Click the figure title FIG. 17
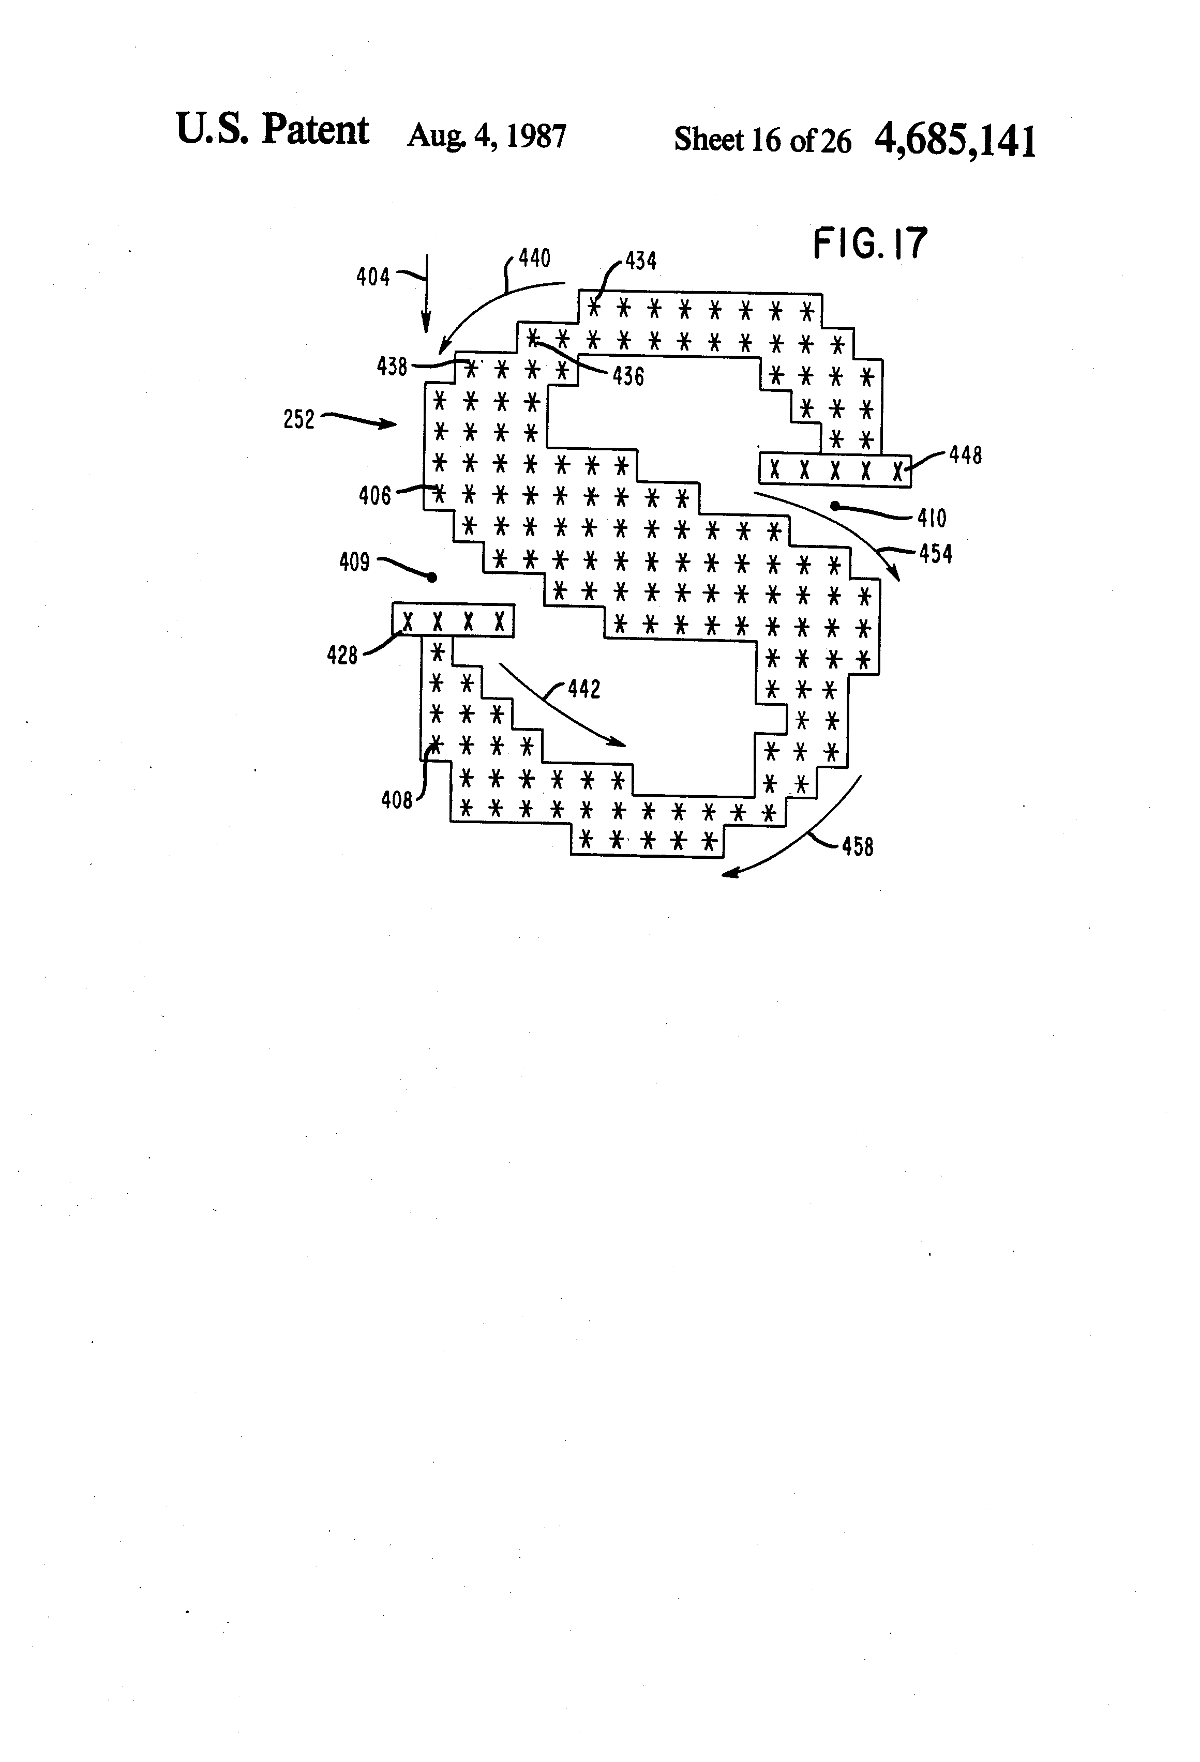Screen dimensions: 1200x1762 click(870, 244)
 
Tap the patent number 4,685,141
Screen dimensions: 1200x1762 click(955, 140)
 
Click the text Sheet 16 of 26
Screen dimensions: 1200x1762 click(762, 140)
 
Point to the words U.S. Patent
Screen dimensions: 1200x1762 click(272, 130)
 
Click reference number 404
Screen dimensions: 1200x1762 click(373, 278)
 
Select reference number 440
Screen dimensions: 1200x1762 click(534, 259)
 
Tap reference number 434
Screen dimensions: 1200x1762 click(640, 262)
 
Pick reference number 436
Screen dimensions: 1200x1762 click(628, 376)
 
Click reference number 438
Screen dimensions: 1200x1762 click(392, 367)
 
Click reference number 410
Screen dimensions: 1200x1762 click(932, 519)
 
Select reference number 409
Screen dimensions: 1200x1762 click(354, 563)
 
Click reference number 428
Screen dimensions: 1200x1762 click(342, 655)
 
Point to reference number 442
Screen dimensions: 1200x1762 click(584, 689)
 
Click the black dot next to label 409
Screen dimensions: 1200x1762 click(432, 578)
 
